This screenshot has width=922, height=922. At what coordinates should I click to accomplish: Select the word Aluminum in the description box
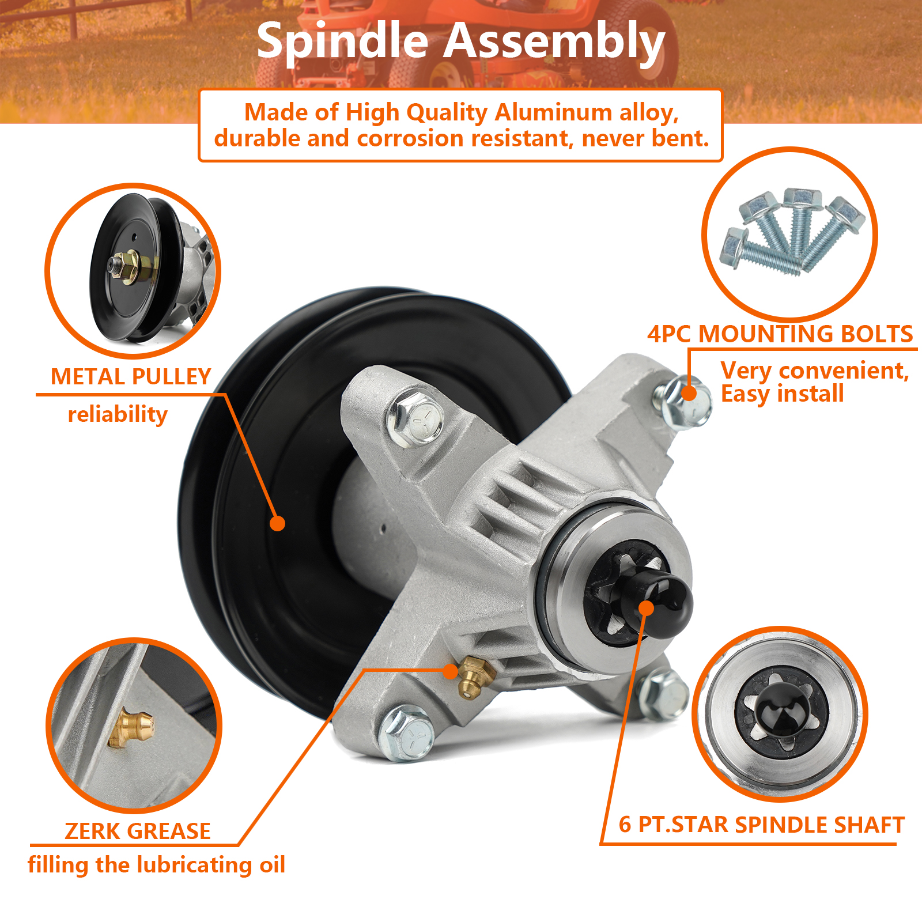(x=553, y=112)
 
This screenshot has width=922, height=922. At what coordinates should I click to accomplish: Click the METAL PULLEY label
(x=131, y=377)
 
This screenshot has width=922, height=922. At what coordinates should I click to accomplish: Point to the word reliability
(x=118, y=414)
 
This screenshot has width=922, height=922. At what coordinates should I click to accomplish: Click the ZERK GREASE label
(x=138, y=831)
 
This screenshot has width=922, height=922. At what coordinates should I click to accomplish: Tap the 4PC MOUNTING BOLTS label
(x=780, y=334)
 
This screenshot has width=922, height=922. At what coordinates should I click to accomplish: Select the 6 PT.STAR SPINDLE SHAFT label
(x=762, y=825)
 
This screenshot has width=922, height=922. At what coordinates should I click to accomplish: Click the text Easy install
(x=782, y=394)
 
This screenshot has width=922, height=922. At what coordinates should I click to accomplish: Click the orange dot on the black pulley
(x=278, y=523)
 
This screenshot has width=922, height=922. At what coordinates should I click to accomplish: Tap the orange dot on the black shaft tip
(x=647, y=609)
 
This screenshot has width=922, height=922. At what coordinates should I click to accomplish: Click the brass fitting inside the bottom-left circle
(x=132, y=728)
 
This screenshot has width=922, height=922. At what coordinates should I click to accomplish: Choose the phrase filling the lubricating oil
(x=156, y=865)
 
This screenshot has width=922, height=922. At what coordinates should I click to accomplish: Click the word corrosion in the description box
(x=410, y=139)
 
